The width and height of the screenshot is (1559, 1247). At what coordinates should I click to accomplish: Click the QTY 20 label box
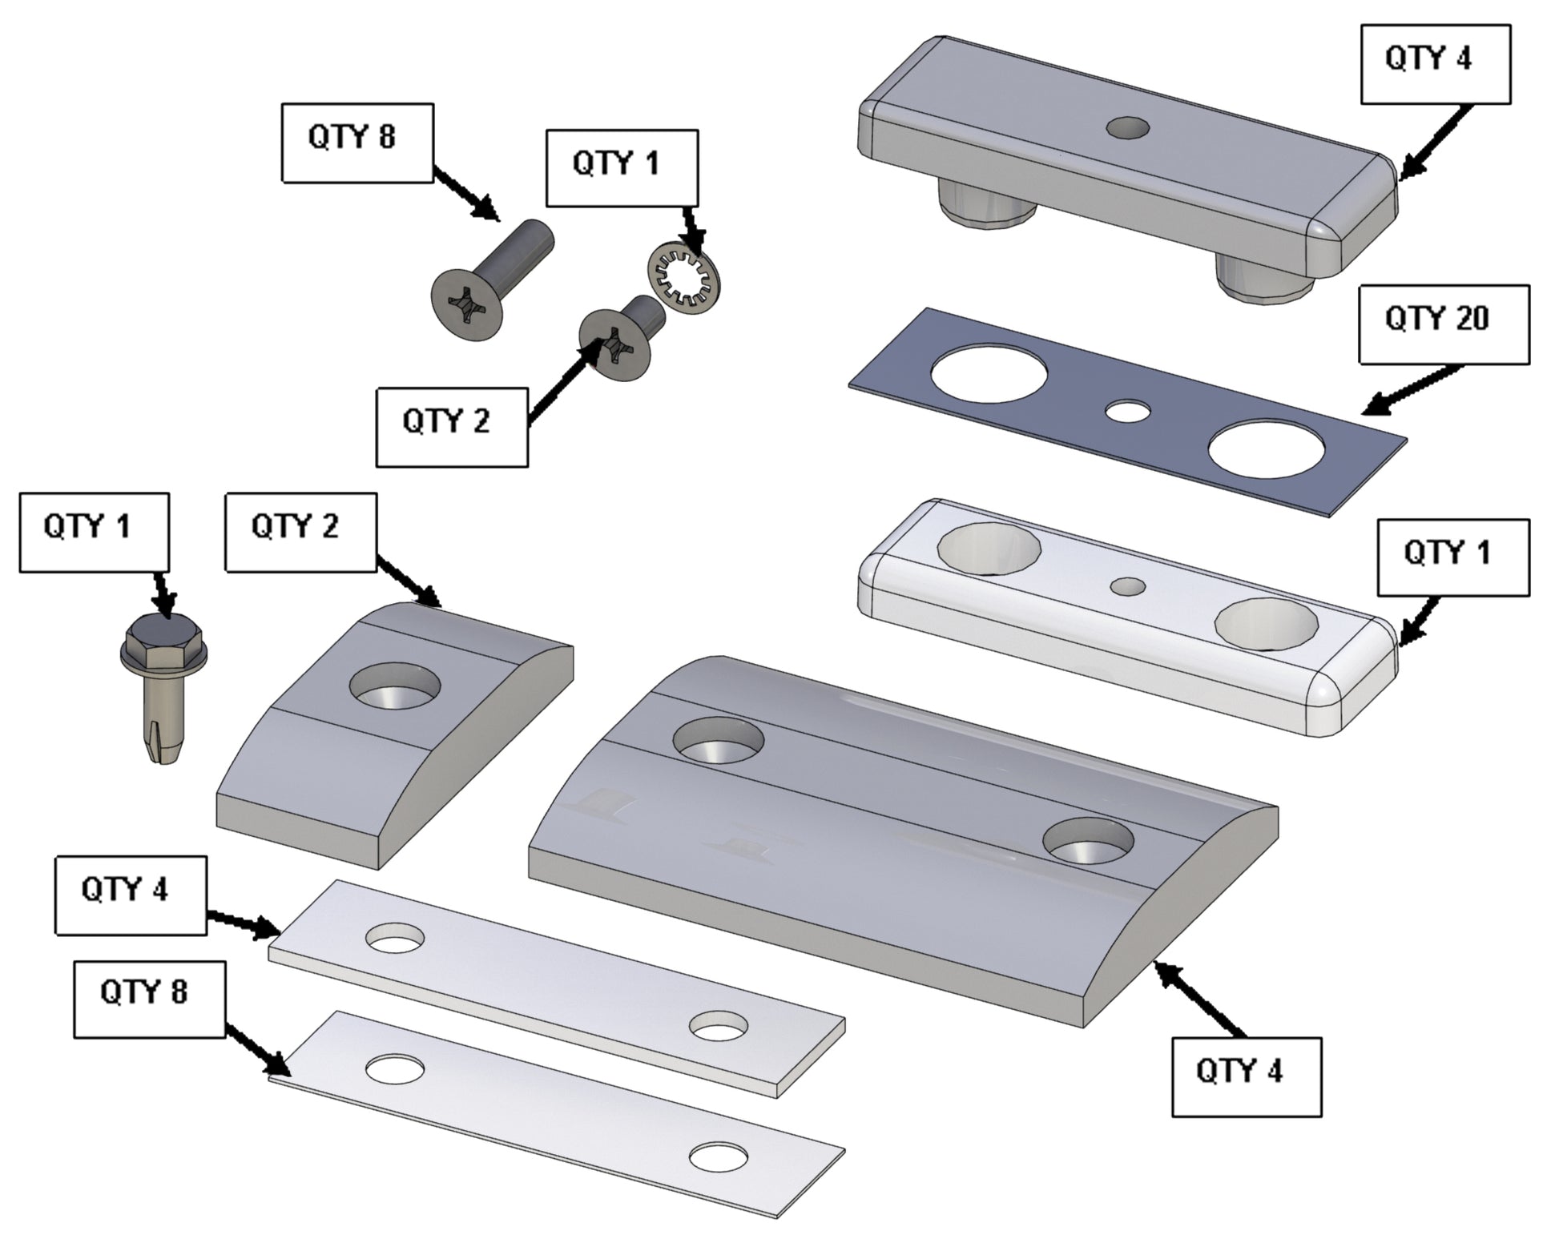click(x=1444, y=324)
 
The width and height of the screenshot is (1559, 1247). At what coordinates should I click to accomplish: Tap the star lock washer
click(x=684, y=280)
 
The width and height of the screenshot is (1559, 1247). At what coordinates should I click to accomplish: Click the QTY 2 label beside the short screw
click(x=452, y=426)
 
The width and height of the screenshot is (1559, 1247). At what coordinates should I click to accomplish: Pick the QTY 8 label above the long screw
click(x=357, y=142)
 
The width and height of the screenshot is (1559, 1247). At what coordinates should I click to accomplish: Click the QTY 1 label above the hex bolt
click(x=94, y=532)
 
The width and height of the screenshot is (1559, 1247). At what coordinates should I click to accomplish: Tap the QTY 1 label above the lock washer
click(x=622, y=168)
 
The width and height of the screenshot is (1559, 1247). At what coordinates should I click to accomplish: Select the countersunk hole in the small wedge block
click(x=396, y=685)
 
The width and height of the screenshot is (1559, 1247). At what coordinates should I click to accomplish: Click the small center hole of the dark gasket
click(x=1127, y=411)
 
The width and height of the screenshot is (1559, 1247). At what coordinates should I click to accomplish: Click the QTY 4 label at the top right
click(x=1435, y=64)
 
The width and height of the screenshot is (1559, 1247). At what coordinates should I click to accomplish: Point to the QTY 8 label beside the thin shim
click(x=149, y=999)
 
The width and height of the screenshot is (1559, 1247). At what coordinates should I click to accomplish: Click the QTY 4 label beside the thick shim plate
click(x=130, y=894)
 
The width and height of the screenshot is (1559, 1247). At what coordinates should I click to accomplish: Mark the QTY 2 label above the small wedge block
click(x=300, y=532)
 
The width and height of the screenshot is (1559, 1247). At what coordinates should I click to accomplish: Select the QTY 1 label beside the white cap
click(x=1452, y=557)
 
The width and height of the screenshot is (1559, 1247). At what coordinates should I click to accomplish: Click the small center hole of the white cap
click(x=1128, y=586)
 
